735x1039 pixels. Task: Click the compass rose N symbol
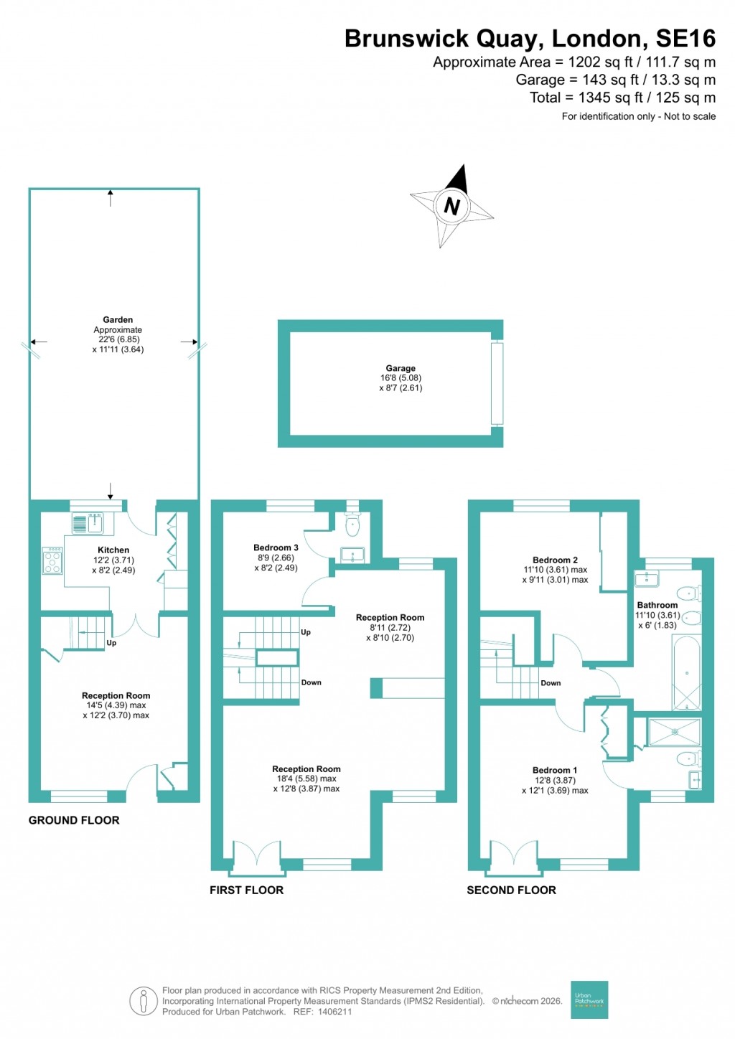pyautogui.click(x=451, y=206)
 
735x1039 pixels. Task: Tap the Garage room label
pyautogui.click(x=401, y=368)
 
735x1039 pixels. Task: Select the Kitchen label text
pyautogui.click(x=113, y=550)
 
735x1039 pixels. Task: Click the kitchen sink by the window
pyautogui.click(x=88, y=523)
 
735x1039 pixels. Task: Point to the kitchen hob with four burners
pyautogui.click(x=52, y=560)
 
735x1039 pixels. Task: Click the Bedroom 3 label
pyautogui.click(x=276, y=547)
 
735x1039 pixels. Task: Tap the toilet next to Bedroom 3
pyautogui.click(x=352, y=525)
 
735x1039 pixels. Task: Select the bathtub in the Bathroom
pyautogui.click(x=687, y=673)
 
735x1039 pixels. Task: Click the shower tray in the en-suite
pyautogui.click(x=674, y=732)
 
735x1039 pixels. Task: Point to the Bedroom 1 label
pyautogui.click(x=555, y=770)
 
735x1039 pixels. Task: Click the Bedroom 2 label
pyautogui.click(x=555, y=560)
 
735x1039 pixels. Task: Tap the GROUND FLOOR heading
pyautogui.click(x=74, y=820)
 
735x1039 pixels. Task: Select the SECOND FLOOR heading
pyautogui.click(x=511, y=890)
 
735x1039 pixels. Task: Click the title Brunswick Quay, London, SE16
pyautogui.click(x=530, y=38)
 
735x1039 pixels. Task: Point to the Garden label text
pyautogui.click(x=118, y=320)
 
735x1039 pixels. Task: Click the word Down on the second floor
pyautogui.click(x=551, y=683)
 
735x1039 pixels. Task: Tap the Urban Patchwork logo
pyautogui.click(x=589, y=1000)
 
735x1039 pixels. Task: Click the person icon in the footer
pyautogui.click(x=144, y=1000)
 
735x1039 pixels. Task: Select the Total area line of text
pyautogui.click(x=622, y=98)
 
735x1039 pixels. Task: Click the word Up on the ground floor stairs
pyautogui.click(x=111, y=643)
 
